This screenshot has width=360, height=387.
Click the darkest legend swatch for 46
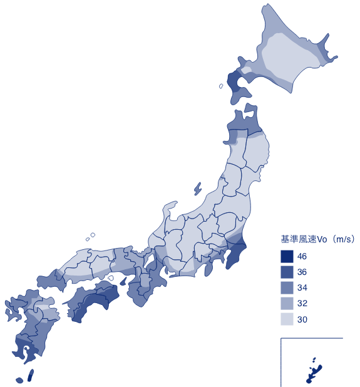tap(287, 256)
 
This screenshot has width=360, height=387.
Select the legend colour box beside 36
tap(287, 272)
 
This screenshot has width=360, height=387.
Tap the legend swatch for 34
tap(287, 288)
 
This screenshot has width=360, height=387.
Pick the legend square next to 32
tap(287, 304)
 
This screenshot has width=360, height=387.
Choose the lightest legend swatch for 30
tap(287, 319)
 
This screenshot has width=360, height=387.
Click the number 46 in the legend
tap(302, 257)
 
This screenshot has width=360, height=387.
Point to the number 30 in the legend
tap(302, 320)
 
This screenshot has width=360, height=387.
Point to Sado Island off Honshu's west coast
tap(198, 188)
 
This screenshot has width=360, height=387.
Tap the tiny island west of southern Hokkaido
tap(221, 86)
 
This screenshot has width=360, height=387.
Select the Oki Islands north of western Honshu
tap(92, 235)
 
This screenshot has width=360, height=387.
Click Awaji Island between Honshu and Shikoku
tap(111, 277)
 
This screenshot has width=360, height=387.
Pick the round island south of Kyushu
tap(19, 379)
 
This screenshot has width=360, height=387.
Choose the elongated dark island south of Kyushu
tap(30, 374)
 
